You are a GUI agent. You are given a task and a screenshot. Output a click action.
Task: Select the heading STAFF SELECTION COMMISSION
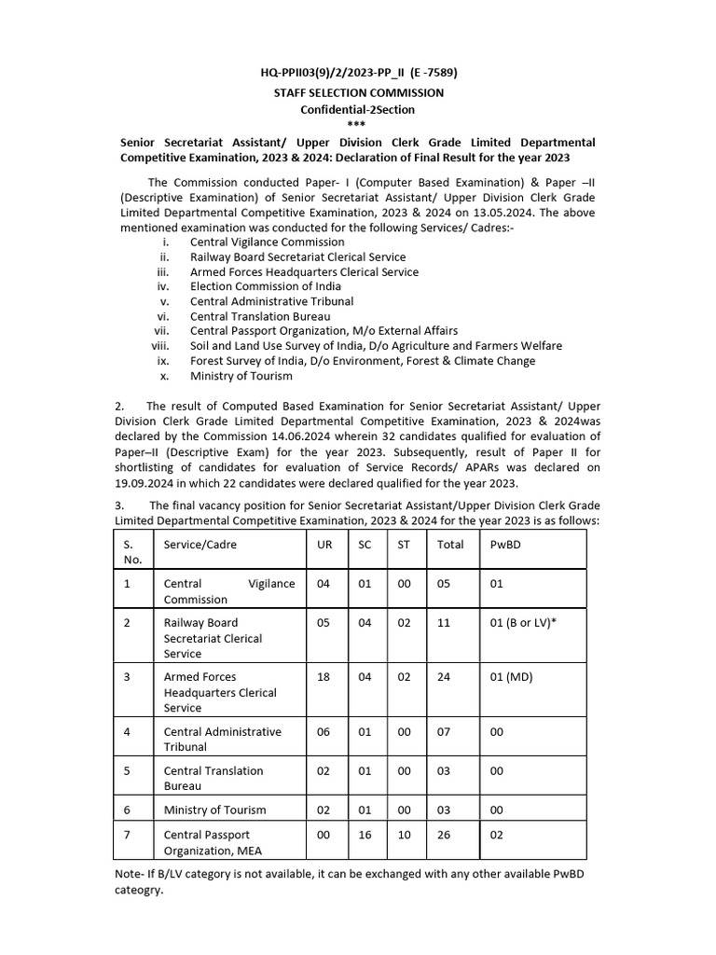click(x=358, y=92)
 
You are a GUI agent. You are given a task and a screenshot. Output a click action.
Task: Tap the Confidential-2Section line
click(x=357, y=109)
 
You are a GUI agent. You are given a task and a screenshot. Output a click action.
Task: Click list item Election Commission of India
click(x=265, y=286)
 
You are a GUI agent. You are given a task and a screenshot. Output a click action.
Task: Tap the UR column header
click(x=324, y=544)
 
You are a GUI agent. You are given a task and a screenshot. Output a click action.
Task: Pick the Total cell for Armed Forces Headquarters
click(x=444, y=677)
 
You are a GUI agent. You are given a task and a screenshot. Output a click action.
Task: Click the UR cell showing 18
click(x=324, y=677)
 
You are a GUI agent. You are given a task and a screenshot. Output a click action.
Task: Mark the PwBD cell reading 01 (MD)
click(x=512, y=677)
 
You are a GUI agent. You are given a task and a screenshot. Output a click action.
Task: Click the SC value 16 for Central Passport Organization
click(x=365, y=835)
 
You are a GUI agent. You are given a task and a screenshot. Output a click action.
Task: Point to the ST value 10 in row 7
click(x=404, y=835)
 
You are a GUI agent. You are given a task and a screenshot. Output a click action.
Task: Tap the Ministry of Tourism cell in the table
click(x=214, y=810)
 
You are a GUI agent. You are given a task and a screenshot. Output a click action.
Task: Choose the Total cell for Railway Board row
click(x=444, y=623)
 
